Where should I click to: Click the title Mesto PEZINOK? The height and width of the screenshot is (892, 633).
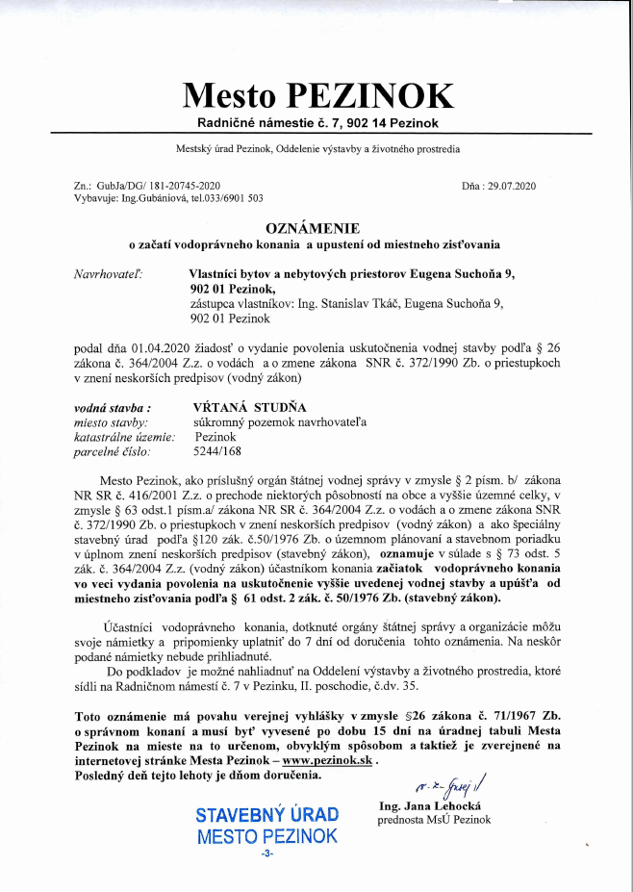point(316,94)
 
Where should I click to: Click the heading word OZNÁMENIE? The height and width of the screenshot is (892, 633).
point(316,228)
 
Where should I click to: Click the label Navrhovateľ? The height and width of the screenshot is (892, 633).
point(108,274)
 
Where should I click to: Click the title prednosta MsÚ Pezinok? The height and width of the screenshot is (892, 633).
point(434,820)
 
